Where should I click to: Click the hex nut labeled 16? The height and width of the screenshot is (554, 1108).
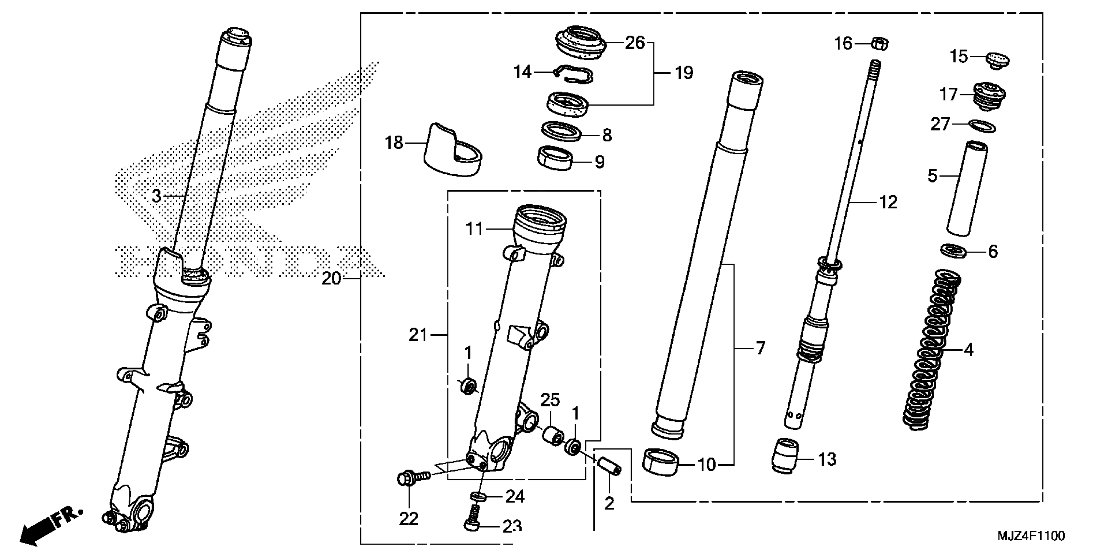(x=880, y=43)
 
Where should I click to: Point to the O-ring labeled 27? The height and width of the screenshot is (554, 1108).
(x=983, y=126)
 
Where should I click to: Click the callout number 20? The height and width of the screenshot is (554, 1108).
(x=331, y=279)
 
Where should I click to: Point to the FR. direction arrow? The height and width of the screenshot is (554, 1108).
(x=50, y=525)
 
